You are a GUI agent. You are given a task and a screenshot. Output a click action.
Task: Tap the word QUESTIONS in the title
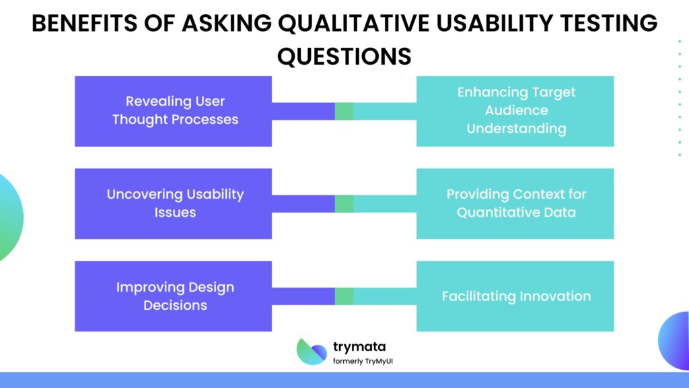(x=344, y=57)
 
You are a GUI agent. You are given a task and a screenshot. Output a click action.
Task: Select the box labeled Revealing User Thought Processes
(x=173, y=111)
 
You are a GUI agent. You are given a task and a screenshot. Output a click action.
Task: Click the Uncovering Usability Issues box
(x=173, y=203)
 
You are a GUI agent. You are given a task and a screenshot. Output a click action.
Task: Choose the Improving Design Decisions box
(x=173, y=296)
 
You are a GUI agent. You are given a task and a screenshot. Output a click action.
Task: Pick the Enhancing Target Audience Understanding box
(x=515, y=111)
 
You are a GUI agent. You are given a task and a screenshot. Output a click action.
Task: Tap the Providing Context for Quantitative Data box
(x=515, y=203)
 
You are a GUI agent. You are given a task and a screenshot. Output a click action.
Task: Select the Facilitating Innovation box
(x=515, y=296)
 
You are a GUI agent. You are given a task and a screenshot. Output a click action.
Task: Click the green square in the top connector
(x=344, y=111)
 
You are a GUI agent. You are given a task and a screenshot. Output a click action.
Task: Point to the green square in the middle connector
(x=344, y=203)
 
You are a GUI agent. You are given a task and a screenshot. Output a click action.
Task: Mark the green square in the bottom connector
(x=344, y=296)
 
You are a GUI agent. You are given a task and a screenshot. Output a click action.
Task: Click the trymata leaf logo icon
(x=312, y=351)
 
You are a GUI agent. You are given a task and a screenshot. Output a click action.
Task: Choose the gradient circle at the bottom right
(x=674, y=340)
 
